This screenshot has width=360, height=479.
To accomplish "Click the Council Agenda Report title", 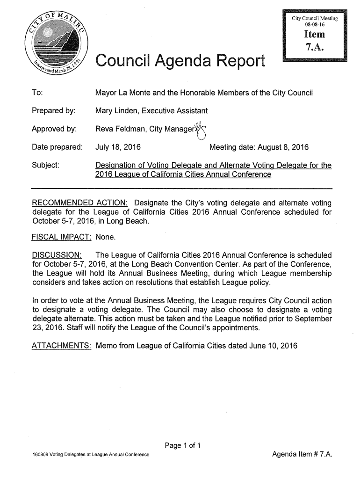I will pyautogui.click(x=180, y=61).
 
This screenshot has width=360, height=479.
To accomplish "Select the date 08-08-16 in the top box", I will pyautogui.click(x=315, y=24).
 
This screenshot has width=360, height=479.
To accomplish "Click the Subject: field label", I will pyautogui.click(x=46, y=166).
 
